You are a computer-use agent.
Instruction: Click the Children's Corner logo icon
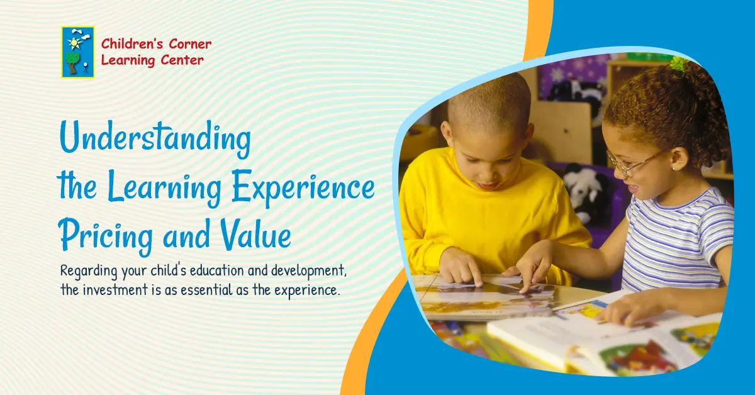77,52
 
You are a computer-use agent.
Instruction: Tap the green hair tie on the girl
679,64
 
